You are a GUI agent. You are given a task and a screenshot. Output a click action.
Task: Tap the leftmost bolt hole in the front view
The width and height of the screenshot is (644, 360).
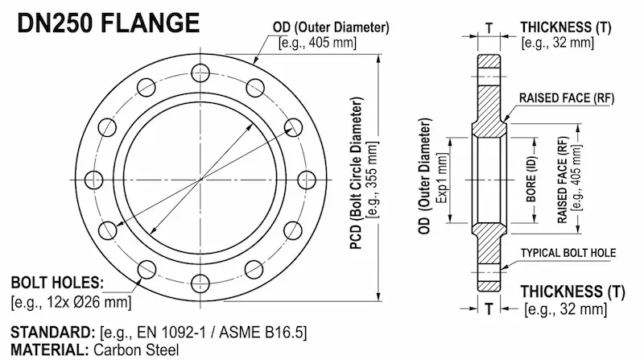coord(94,178)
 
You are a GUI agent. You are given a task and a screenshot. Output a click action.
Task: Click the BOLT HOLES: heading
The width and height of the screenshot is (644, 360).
coord(57,283)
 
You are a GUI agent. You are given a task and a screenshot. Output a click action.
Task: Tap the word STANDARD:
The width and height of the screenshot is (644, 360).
coord(52,333)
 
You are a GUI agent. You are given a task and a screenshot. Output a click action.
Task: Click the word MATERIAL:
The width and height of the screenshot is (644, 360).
coord(48,350)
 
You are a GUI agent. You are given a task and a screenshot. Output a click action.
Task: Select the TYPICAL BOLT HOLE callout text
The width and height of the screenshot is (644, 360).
coord(568,253)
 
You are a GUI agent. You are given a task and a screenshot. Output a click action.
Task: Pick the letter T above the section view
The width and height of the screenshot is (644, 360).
coord(489,26)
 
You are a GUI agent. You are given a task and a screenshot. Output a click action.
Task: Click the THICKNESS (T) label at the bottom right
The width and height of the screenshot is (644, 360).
coord(572,291)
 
